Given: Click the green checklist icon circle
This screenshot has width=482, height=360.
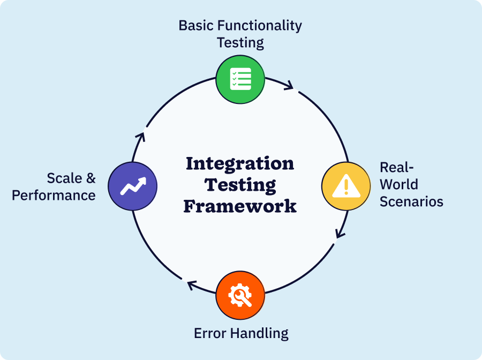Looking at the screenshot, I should point(240,79).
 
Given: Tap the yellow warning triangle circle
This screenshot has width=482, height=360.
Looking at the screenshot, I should point(346,186).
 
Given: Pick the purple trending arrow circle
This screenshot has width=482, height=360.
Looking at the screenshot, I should point(132,186).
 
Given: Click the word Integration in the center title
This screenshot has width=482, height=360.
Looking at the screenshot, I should point(240,163).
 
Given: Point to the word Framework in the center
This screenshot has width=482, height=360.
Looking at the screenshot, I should point(240,206).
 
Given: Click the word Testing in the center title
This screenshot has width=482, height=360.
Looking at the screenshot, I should point(240,185).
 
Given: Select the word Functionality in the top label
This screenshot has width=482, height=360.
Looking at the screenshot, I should point(261,25).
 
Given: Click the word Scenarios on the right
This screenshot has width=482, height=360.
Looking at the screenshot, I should point(411,201).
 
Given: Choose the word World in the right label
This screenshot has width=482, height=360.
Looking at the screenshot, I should point(398,184).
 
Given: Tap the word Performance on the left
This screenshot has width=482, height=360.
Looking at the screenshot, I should point(54,195).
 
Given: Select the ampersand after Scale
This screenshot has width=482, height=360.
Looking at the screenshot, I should point(91,177).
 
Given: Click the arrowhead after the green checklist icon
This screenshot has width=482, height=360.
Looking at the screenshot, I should point(290,86).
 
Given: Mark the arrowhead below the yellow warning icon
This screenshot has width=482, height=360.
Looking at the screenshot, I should point(339,234).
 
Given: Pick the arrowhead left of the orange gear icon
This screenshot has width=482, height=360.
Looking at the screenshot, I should point(191,285).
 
